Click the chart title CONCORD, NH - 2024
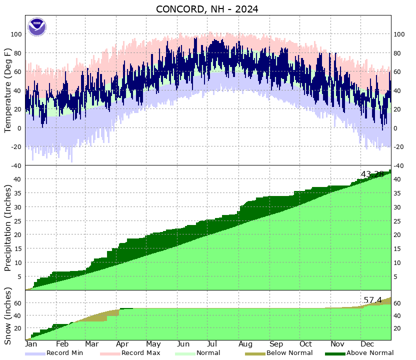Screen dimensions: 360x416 coord(207,9)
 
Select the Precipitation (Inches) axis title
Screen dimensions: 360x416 coord(8,228)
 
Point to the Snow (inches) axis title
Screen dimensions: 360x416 coord(8,316)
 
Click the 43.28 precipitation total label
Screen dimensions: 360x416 coord(372,174)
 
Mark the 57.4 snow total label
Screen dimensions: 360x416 coord(372,300)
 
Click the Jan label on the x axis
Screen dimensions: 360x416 coord(30,344)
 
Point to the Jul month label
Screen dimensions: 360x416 coord(212,344)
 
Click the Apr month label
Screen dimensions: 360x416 coord(122,344)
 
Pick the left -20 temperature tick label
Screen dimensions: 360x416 coord(16,147)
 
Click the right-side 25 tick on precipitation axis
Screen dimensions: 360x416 coord(398,220)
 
